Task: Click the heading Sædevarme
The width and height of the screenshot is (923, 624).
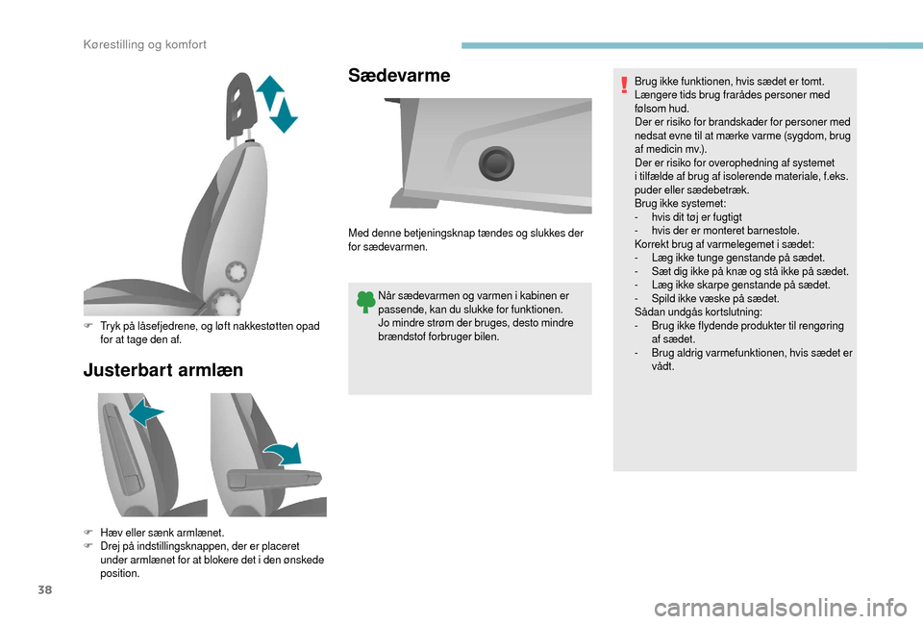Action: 399,75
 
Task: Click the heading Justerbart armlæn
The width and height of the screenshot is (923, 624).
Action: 163,370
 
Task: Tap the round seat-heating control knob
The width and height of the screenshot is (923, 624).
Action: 496,163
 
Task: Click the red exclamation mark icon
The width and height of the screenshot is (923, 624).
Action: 624,85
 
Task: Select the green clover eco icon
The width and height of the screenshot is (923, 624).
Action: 365,302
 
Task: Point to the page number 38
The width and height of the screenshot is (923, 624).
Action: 45,589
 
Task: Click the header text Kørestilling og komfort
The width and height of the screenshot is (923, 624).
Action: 145,45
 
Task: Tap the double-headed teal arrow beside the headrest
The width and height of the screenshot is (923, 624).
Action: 277,104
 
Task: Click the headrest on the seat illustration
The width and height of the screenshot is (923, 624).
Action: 240,105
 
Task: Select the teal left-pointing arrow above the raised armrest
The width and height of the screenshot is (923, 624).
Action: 146,411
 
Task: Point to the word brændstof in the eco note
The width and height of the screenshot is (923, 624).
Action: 403,337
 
